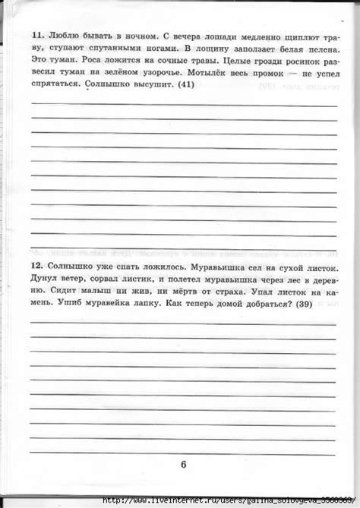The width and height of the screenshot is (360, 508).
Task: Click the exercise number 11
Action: coord(37,36)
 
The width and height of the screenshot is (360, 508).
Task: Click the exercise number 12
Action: coord(37,269)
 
